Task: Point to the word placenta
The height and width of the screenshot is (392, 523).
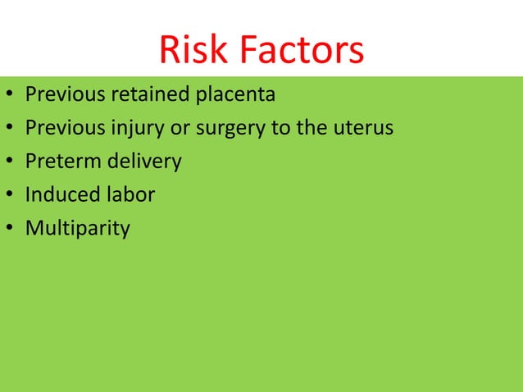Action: tap(235, 95)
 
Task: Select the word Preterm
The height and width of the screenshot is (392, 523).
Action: tap(62, 161)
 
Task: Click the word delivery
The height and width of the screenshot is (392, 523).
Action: tap(143, 161)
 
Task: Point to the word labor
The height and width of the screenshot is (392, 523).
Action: tap(129, 194)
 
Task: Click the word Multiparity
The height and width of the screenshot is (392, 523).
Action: tap(77, 227)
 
